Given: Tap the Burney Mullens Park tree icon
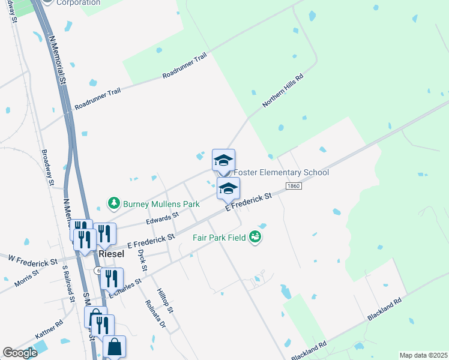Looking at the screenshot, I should (x=113, y=204).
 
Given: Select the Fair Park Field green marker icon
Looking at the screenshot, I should (x=256, y=237).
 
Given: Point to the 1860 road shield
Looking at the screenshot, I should (x=294, y=186).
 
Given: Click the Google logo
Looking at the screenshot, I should (x=20, y=353).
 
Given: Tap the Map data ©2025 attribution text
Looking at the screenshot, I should (x=423, y=355).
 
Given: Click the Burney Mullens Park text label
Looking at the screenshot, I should (x=161, y=204).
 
